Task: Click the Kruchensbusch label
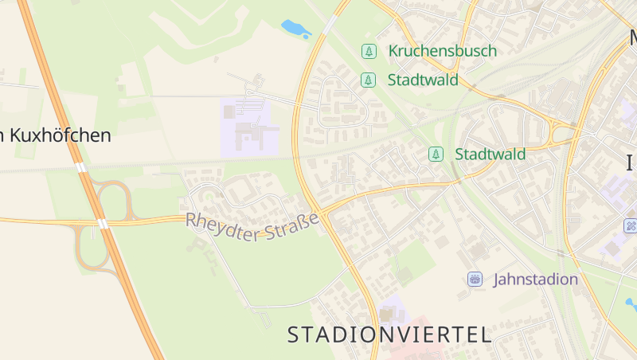(x=442, y=51)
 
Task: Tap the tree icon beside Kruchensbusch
(x=369, y=51)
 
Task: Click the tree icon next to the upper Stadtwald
(x=368, y=80)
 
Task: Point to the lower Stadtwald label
(x=490, y=154)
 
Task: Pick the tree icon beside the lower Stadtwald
(x=436, y=154)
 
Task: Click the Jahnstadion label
(x=535, y=279)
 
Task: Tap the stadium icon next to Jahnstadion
(x=475, y=279)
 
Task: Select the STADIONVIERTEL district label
(x=389, y=335)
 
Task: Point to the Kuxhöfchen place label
(x=56, y=135)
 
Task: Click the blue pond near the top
(x=295, y=29)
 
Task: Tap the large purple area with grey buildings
(x=248, y=127)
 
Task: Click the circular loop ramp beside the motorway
(x=113, y=198)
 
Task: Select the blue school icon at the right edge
(x=631, y=225)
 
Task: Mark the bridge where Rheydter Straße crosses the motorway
(x=102, y=223)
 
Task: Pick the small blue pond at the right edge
(x=631, y=303)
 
